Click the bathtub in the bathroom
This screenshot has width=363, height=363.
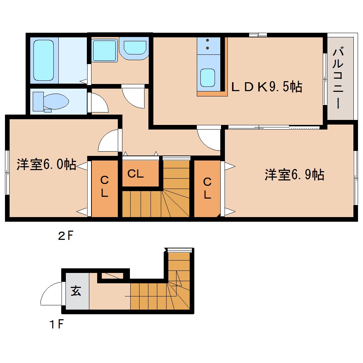coord(43,60)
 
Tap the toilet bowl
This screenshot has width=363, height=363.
coord(56,101)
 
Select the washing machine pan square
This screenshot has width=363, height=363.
coord(104,51)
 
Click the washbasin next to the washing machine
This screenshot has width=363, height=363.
coord(135,48)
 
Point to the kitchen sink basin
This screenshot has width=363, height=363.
coord(208,78)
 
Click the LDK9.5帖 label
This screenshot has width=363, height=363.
coord(267,87)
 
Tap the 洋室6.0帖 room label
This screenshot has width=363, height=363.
coord(46,164)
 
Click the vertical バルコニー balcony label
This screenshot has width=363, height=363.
coord(338,77)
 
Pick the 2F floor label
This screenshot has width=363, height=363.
coord(66,236)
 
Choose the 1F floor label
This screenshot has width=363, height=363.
coord(56,324)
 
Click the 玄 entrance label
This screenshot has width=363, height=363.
coord(76,291)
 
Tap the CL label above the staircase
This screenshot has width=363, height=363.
coord(136,174)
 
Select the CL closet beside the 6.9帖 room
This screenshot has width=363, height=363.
coord(207,188)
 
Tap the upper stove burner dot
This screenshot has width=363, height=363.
coord(207,40)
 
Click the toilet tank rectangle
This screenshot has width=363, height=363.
coord(38,101)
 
